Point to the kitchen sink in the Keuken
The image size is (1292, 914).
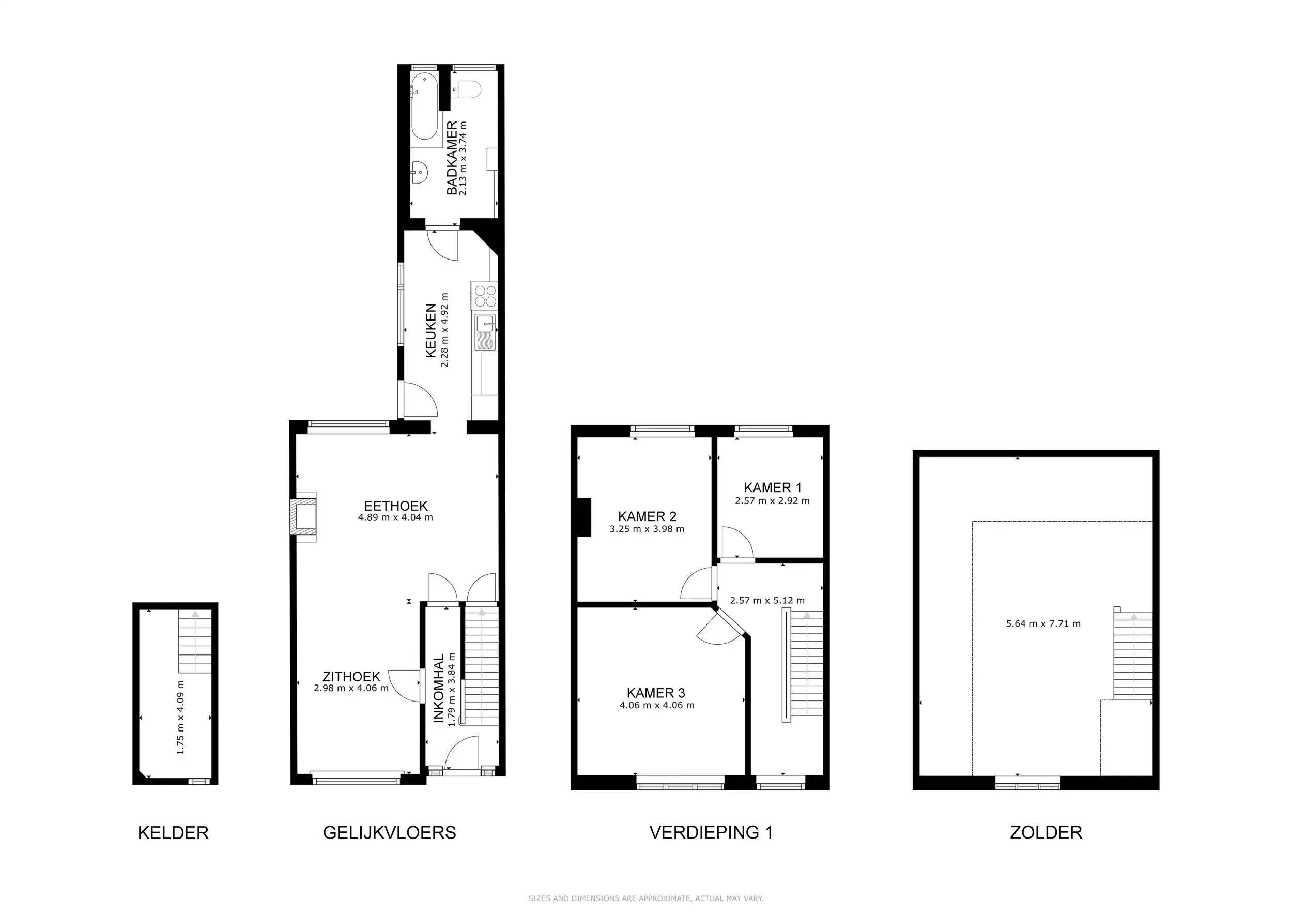point(485,332)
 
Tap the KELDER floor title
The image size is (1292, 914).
point(173,833)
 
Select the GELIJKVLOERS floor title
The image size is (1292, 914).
point(389,832)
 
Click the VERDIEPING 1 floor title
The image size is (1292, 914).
point(711,832)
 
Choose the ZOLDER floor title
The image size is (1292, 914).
point(1046,832)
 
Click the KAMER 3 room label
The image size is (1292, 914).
point(656,693)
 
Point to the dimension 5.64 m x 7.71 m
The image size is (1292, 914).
point(1043,623)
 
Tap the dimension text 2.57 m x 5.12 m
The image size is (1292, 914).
point(767,601)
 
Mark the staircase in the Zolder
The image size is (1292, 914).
point(1133,656)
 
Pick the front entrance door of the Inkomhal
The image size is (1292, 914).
point(462,753)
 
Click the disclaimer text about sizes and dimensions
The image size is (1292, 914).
point(646,899)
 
